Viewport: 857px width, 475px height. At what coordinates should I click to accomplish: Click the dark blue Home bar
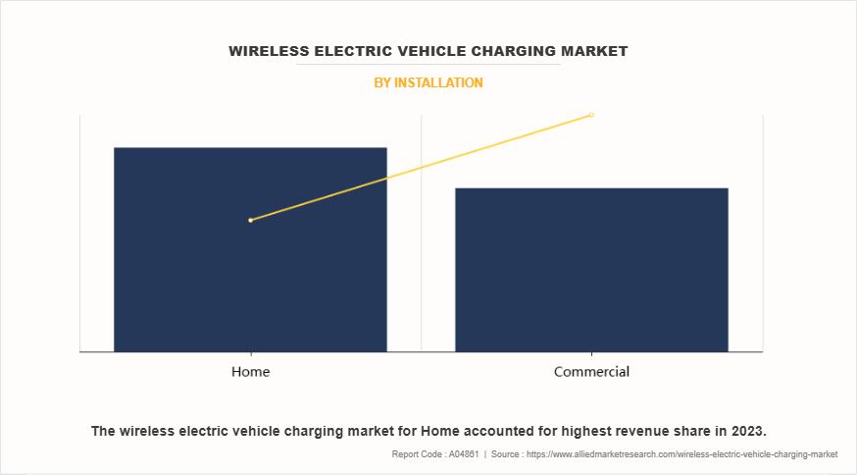point(250,285)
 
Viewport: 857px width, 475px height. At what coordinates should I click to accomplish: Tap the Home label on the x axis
point(250,372)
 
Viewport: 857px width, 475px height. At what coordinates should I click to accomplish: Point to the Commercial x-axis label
point(591,372)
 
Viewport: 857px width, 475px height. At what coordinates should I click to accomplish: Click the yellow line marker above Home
point(251,220)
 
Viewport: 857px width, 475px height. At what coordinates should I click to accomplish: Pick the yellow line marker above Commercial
point(591,115)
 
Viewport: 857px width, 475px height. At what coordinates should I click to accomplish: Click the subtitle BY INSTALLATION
point(428,83)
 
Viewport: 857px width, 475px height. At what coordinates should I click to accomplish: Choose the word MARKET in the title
point(595,50)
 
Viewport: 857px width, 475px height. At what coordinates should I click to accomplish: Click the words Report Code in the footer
point(415,454)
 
